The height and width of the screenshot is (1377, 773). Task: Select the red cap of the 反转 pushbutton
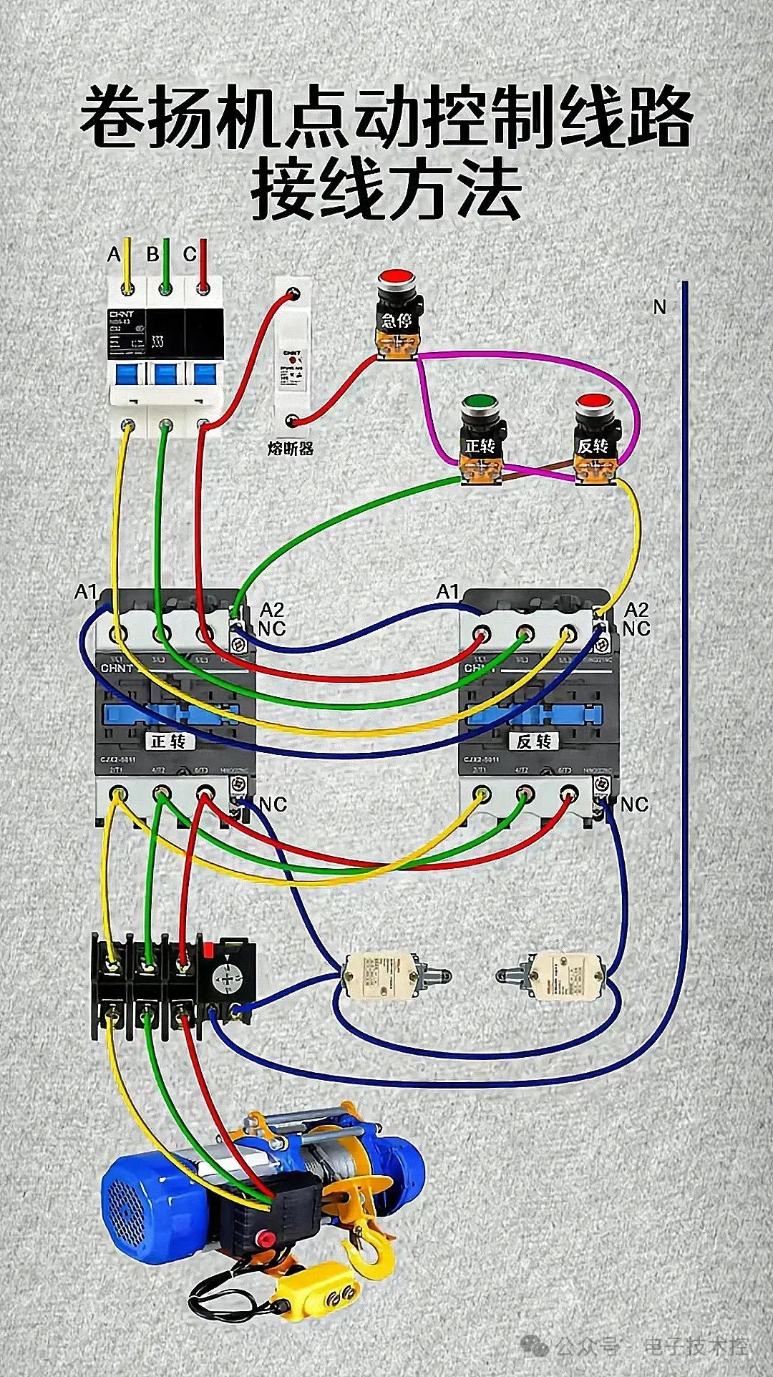[593, 402]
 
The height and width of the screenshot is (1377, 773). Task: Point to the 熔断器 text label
[290, 449]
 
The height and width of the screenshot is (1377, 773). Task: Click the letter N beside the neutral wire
[659, 307]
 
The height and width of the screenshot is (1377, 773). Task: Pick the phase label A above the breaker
[114, 254]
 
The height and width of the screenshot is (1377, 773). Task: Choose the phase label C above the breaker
[189, 254]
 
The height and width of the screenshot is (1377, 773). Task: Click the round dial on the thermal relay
[228, 978]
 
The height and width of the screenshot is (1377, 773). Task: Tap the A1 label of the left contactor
[85, 592]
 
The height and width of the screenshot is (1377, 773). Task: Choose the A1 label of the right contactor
[447, 592]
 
